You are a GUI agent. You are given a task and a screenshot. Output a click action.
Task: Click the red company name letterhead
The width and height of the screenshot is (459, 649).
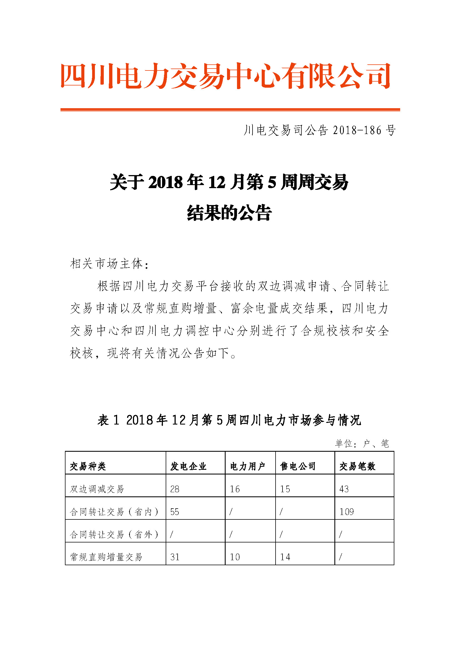coord(226,76)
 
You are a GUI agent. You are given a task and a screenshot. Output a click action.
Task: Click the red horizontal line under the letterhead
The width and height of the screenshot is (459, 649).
coord(230,110)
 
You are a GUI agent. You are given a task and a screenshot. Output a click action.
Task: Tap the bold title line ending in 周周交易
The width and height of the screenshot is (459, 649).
coord(229,182)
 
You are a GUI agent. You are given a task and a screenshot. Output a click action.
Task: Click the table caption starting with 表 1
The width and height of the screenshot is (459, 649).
coord(229,420)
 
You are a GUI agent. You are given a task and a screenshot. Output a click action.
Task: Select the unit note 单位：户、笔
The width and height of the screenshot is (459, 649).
coord(362,443)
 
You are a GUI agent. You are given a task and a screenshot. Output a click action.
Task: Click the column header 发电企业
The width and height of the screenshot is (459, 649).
coord(188,466)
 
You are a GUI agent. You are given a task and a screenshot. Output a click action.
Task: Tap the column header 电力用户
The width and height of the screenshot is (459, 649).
coord(248,466)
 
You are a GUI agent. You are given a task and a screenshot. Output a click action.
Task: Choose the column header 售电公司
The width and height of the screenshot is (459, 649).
coord(298,466)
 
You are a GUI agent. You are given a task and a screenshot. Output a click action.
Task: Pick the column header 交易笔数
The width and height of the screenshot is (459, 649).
coord(357,466)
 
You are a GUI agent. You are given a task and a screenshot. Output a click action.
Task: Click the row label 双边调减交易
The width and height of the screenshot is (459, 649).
coord(97,489)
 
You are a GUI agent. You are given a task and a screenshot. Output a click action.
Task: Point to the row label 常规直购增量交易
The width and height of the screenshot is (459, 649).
coord(106,557)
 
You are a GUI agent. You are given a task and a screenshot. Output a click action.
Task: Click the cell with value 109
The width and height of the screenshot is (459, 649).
coord(347,512)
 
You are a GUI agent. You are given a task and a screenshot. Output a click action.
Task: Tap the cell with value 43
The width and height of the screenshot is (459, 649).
coord(344,489)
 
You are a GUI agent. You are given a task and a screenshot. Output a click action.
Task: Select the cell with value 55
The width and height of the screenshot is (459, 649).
coord(175,512)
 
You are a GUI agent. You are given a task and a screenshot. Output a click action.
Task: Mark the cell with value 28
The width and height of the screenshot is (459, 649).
coord(175,489)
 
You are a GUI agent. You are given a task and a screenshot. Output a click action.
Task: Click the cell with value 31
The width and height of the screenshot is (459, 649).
coord(175,557)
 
